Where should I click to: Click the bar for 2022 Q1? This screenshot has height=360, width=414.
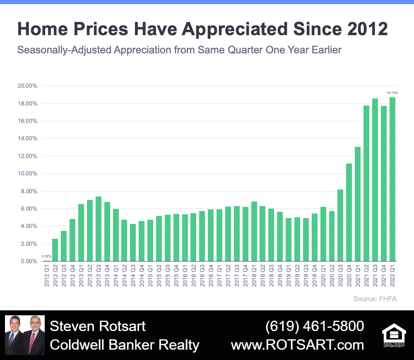click(x=392, y=179)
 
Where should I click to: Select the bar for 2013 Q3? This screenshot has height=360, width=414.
click(x=99, y=229)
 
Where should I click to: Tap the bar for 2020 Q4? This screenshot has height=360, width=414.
click(x=349, y=212)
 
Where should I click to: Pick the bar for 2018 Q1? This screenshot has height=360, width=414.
click(x=254, y=231)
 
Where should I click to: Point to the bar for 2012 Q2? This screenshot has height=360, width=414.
click(x=55, y=250)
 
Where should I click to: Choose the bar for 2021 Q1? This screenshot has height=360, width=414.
click(x=358, y=204)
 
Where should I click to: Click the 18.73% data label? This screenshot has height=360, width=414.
click(x=392, y=93)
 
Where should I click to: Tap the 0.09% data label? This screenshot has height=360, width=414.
click(x=46, y=256)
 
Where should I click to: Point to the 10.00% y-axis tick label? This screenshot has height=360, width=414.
click(x=27, y=174)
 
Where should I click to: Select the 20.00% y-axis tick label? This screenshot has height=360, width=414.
click(x=27, y=86)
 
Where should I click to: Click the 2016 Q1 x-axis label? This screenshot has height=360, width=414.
click(x=185, y=276)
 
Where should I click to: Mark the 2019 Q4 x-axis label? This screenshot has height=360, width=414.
click(x=315, y=276)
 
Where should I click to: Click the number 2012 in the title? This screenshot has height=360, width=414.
click(x=367, y=29)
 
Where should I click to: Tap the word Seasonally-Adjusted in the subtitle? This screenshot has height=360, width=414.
click(x=64, y=50)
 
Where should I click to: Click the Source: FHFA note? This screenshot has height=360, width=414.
click(x=375, y=299)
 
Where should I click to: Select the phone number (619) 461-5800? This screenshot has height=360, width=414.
click(x=315, y=326)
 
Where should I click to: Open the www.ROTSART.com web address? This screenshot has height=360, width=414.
click(x=297, y=345)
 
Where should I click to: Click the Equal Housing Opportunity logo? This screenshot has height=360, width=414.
click(x=394, y=335)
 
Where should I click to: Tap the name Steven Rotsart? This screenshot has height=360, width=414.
click(x=98, y=326)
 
